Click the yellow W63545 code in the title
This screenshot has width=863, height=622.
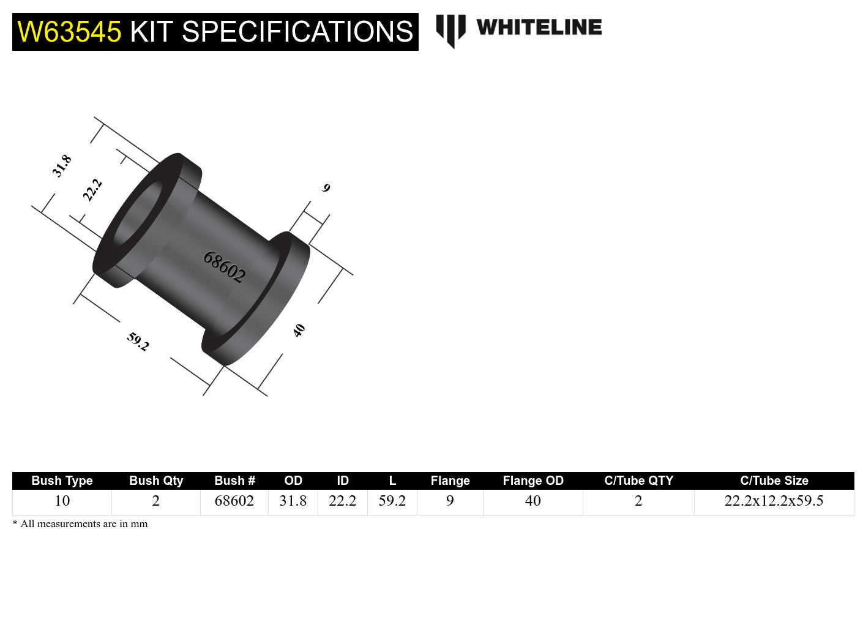click(69, 32)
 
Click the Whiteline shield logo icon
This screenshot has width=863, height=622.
click(450, 29)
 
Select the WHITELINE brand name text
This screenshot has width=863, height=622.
click(539, 28)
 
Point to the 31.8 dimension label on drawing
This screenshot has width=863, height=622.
click(62, 166)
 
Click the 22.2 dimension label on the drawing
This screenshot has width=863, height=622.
click(92, 190)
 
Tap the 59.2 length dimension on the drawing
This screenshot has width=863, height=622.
click(138, 341)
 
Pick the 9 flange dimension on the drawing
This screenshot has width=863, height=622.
click(326, 188)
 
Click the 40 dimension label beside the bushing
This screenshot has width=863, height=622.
click(299, 331)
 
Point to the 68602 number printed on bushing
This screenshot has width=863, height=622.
click(224, 267)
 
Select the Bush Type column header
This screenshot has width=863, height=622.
click(62, 481)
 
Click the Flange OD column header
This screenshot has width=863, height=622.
click(532, 481)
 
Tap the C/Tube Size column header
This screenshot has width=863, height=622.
click(774, 481)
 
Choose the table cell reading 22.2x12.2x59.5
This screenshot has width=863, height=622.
click(774, 501)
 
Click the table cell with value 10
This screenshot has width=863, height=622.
click(62, 501)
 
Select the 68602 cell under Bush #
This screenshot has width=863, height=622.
click(234, 501)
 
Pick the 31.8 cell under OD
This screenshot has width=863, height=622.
click(293, 501)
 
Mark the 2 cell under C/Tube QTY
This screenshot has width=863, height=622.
click(638, 501)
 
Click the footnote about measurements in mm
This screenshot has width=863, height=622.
click(80, 524)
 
